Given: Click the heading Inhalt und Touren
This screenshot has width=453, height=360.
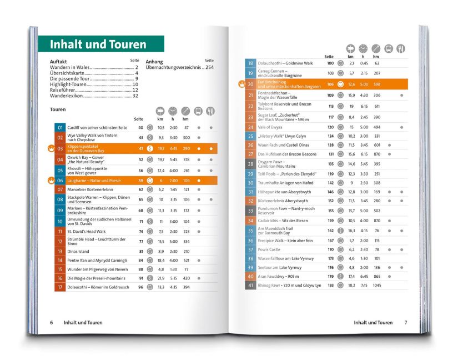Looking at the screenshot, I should tap(98, 45).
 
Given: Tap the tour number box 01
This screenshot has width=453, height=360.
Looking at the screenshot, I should tap(59, 128).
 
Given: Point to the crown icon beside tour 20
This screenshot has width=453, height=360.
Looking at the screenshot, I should tap(241, 84).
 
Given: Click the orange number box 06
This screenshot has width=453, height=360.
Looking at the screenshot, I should tap(59, 180).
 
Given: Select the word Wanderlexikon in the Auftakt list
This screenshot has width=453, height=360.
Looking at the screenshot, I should tap(66, 96).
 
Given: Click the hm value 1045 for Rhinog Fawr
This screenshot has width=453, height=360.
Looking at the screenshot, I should tap(377, 285).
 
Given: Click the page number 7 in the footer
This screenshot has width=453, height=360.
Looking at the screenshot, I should tap(406, 322).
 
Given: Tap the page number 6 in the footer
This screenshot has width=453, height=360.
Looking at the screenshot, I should tap(51, 322).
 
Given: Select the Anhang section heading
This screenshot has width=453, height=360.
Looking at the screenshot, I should tap(155, 62).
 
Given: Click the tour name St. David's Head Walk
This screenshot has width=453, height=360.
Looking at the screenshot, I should tap(86, 231).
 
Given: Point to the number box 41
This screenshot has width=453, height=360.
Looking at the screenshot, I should tap(250, 285).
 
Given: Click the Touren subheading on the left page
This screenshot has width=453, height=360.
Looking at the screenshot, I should tap(58, 110).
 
